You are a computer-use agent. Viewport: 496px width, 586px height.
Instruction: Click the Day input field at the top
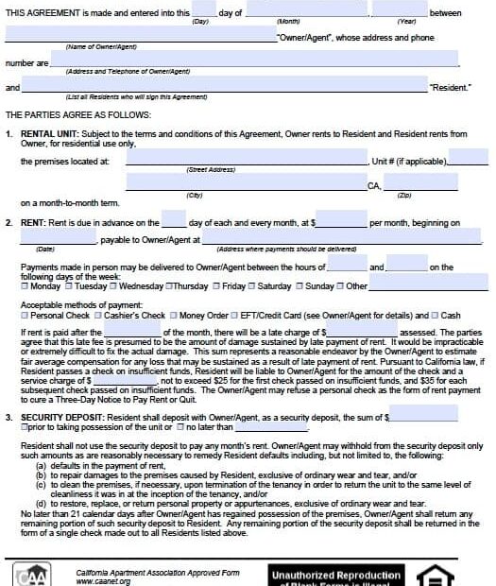coord(204,10)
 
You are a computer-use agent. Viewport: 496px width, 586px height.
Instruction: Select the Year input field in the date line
coord(399,10)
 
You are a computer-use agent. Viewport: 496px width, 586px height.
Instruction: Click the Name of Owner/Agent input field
coord(140,35)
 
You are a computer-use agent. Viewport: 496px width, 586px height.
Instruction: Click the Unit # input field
coord(468,157)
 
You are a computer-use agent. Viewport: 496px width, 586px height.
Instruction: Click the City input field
coord(246,181)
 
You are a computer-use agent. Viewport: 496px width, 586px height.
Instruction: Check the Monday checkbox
coord(25,285)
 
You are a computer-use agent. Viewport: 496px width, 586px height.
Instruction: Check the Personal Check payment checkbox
coord(25,315)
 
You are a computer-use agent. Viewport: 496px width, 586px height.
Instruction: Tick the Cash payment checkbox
coord(435,315)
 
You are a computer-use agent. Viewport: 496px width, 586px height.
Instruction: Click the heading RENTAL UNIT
coord(57,134)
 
